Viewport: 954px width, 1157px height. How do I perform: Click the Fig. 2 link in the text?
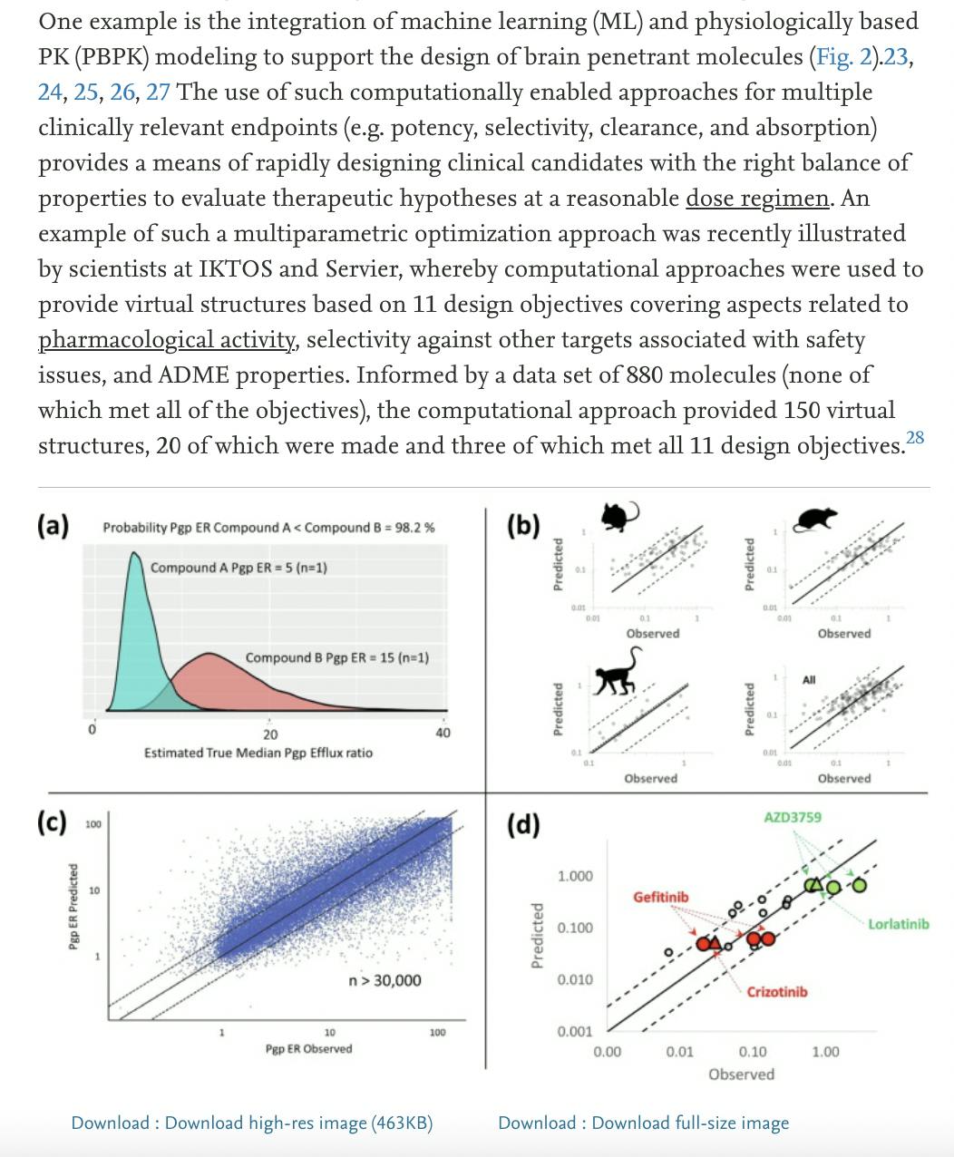[844, 57]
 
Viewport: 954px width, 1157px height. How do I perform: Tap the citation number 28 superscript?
[915, 438]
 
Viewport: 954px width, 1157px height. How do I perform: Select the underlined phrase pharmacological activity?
[169, 340]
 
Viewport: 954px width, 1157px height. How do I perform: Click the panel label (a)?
[54, 526]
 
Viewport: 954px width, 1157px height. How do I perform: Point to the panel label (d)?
[523, 824]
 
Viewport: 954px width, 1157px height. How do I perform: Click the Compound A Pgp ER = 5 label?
[238, 568]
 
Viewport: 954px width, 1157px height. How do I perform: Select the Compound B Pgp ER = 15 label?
[336, 657]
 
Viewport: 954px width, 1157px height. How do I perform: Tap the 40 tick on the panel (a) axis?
[442, 734]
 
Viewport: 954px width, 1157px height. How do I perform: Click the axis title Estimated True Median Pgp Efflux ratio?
[258, 753]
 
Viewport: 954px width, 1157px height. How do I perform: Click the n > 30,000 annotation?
[385, 980]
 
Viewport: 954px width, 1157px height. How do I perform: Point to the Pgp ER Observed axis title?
[308, 1049]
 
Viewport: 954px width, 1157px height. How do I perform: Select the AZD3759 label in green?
[793, 817]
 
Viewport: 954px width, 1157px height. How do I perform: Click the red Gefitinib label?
[660, 897]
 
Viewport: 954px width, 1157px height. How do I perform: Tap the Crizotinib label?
[776, 992]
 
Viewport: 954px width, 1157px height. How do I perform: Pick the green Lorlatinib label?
[898, 924]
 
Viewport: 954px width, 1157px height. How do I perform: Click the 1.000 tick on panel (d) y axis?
[575, 876]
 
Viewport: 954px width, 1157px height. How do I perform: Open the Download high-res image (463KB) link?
[252, 1123]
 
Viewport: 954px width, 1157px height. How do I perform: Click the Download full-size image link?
[643, 1123]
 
